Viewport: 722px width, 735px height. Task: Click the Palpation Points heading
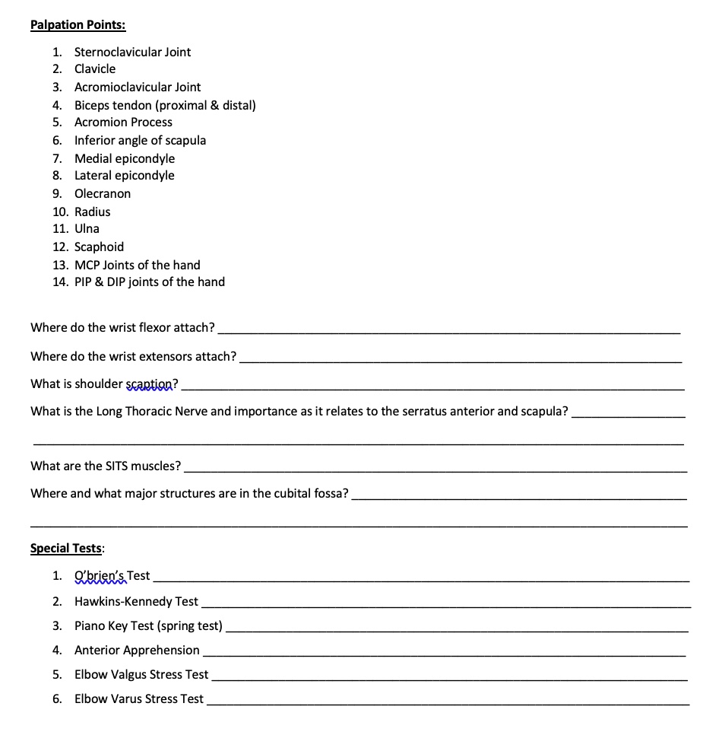[78, 24]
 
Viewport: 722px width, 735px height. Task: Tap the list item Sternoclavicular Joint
[132, 52]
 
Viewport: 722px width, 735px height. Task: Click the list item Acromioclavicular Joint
[138, 87]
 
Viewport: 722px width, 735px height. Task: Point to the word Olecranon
[103, 193]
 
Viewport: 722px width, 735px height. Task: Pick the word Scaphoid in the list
[99, 247]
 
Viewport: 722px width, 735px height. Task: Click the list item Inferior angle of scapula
[140, 140]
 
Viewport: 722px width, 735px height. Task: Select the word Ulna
[87, 228]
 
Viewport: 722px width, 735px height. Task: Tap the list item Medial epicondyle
[125, 158]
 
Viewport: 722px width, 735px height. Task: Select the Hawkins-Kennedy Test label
[136, 601]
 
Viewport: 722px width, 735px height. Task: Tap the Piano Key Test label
[148, 625]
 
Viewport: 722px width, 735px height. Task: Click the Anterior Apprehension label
[137, 650]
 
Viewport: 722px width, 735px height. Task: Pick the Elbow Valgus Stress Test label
[141, 674]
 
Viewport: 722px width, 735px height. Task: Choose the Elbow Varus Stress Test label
[139, 698]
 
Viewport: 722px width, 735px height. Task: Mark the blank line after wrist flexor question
[448, 332]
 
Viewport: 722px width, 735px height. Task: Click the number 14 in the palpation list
[60, 282]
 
